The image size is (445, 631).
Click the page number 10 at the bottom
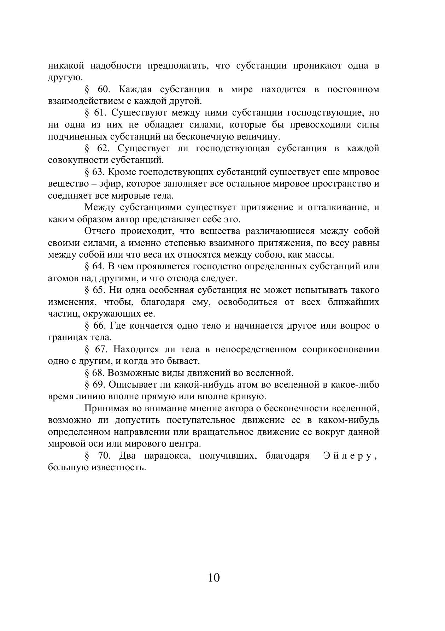click(214, 578)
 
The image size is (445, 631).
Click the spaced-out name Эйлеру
click(350, 456)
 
